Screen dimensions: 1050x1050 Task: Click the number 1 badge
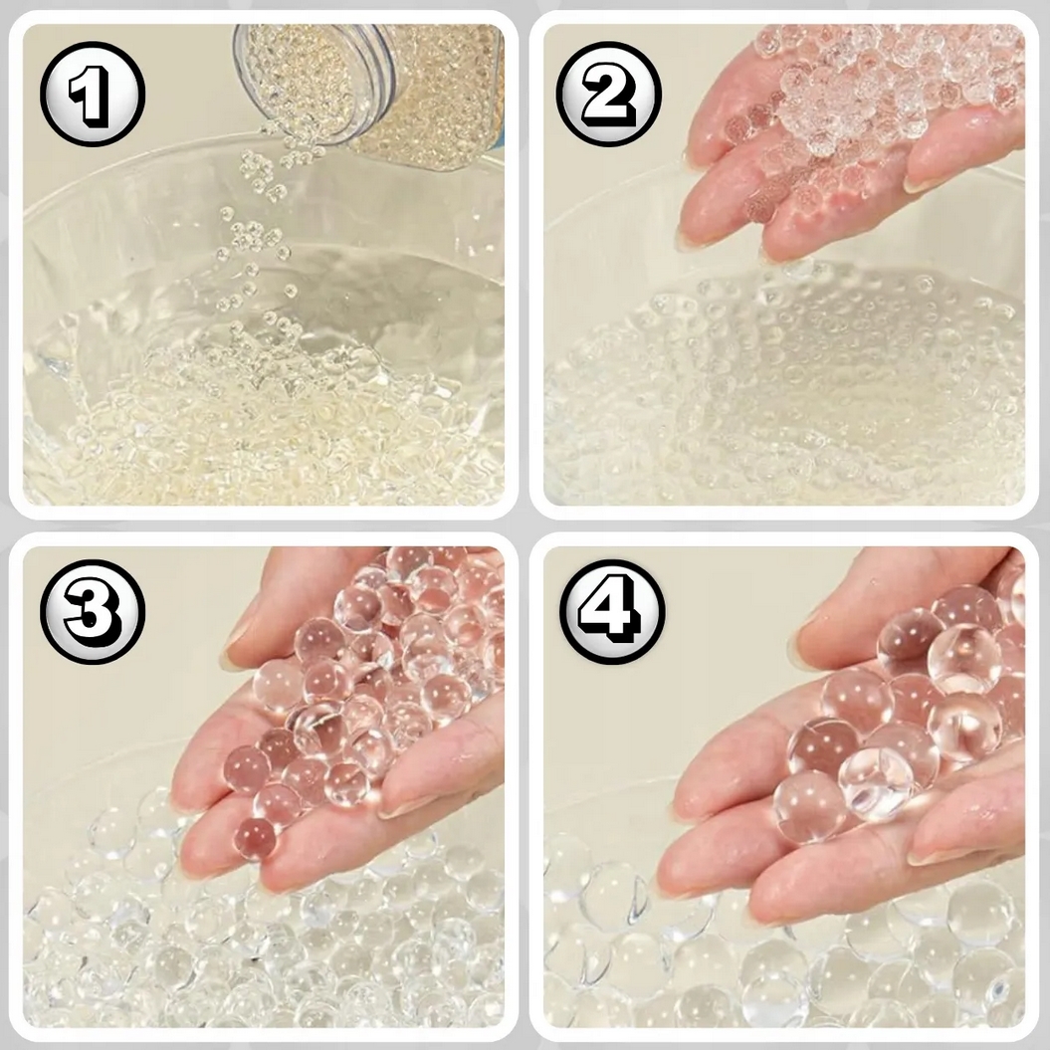[x=93, y=94]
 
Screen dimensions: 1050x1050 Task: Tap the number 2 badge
[x=609, y=94]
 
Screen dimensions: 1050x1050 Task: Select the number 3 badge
[x=93, y=611]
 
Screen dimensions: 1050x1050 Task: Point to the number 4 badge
[x=612, y=611]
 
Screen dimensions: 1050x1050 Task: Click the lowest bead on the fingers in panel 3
[x=255, y=838]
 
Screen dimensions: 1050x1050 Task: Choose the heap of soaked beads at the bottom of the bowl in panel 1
[x=261, y=429]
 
